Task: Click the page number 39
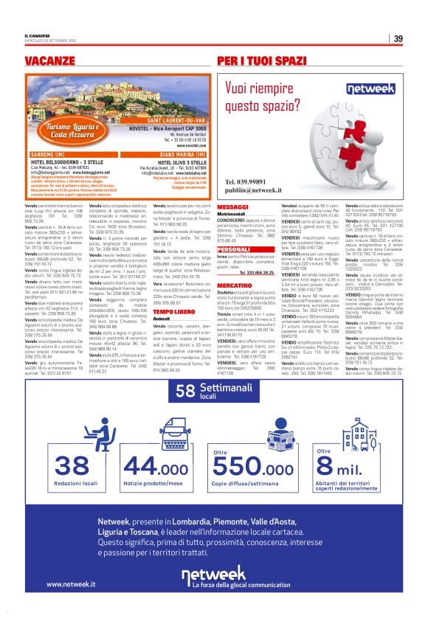click(397, 39)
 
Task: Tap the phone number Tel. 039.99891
click(251, 181)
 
